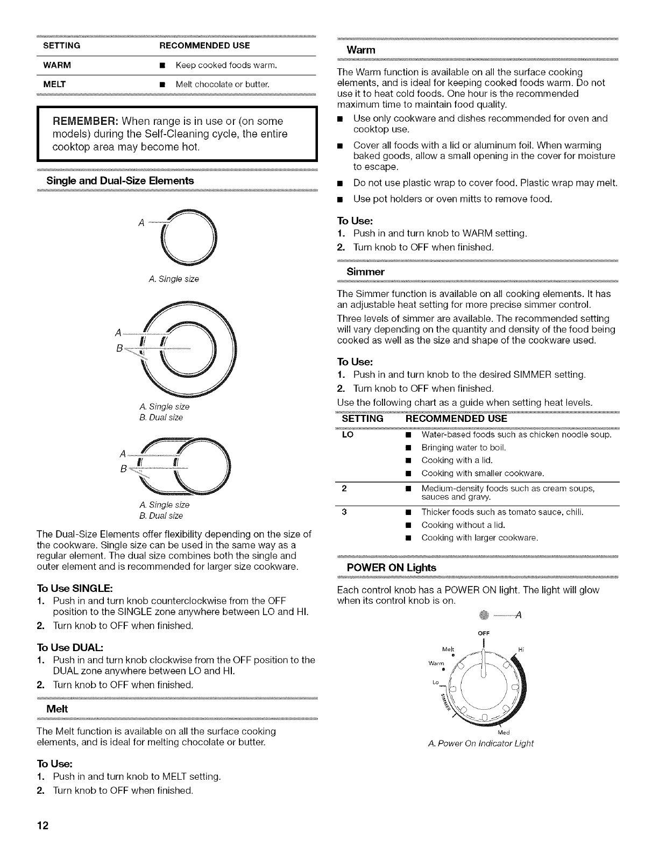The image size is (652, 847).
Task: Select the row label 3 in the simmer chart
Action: (x=344, y=512)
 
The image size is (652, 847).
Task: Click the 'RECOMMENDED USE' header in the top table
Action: (x=205, y=45)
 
